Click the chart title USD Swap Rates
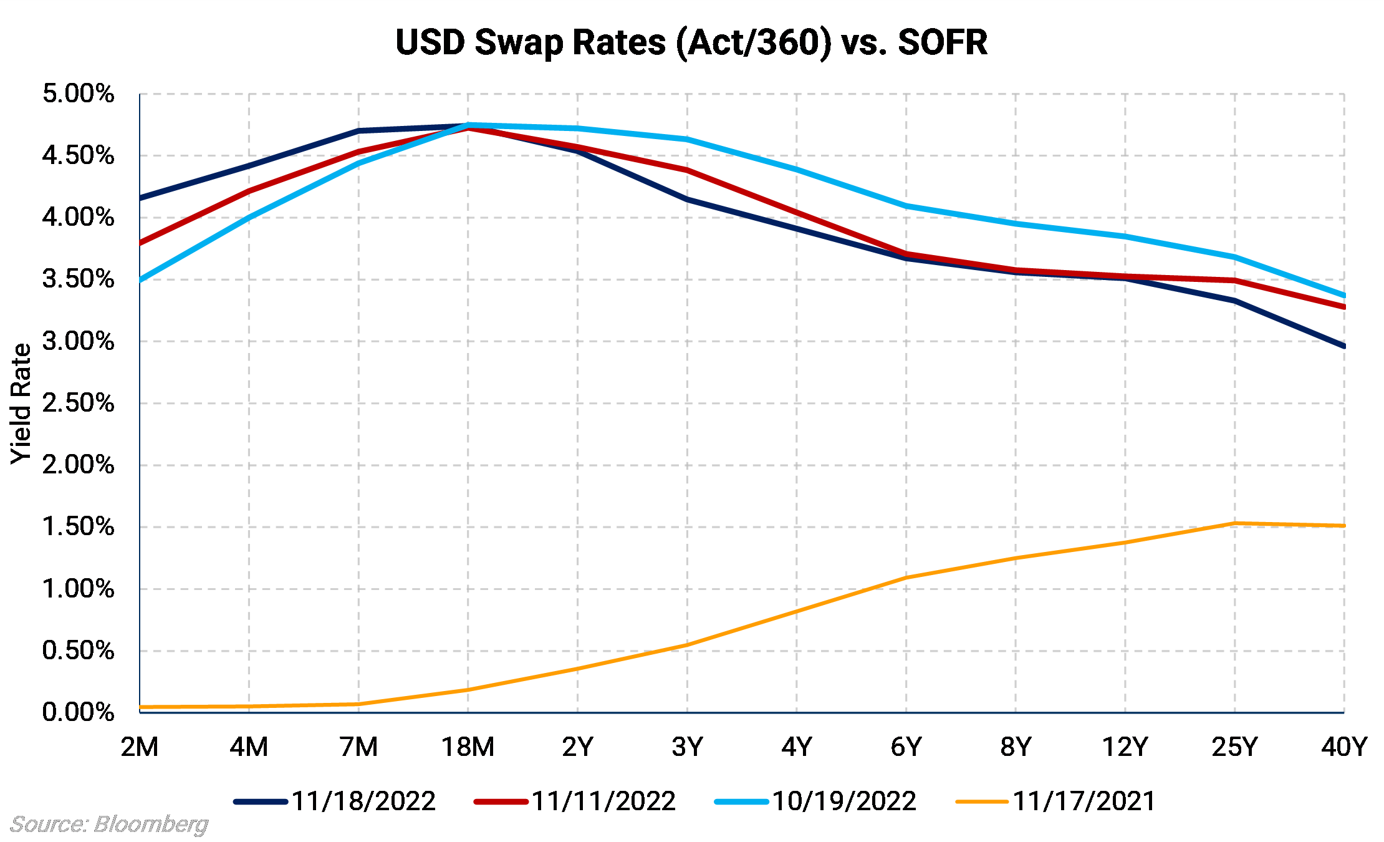click(691, 42)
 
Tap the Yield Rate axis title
click(21, 404)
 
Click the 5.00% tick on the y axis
click(79, 94)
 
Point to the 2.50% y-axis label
click(79, 403)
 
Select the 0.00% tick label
click(79, 712)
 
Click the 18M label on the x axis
click(468, 747)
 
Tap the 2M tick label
click(140, 747)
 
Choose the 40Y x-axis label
click(1344, 747)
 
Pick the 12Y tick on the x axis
click(1125, 747)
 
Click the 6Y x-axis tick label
click(906, 747)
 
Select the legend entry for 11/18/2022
click(335, 801)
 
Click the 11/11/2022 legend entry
click(575, 801)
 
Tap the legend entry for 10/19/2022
click(815, 801)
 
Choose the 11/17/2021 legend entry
click(1055, 801)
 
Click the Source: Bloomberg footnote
click(109, 825)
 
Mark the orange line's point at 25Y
click(1234, 523)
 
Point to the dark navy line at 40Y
click(1343, 346)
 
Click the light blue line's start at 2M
click(140, 280)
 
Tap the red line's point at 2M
click(140, 243)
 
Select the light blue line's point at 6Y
click(906, 205)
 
